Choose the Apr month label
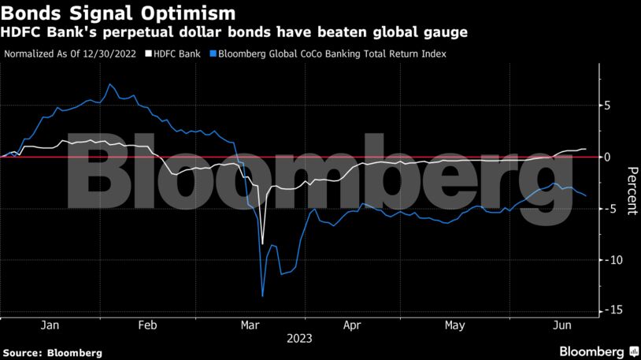[x=353, y=325]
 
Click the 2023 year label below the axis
[x=299, y=339]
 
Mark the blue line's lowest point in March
[x=262, y=296]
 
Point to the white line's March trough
[x=262, y=244]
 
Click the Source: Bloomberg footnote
[x=52, y=353]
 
